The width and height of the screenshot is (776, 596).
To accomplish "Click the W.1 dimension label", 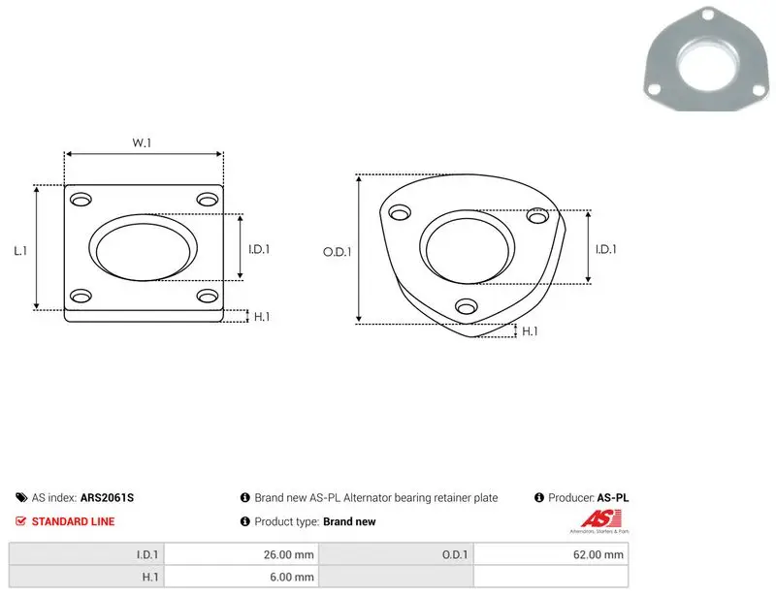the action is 142,142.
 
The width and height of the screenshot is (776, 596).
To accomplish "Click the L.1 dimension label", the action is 20,251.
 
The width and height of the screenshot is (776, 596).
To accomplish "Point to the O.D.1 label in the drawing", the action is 337,252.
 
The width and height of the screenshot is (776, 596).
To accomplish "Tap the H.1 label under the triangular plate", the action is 530,330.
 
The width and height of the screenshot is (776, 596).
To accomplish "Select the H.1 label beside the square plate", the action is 262,317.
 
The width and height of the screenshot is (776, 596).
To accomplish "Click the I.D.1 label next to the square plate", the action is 259,249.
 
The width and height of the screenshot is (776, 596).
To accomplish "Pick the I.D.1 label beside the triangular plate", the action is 605,249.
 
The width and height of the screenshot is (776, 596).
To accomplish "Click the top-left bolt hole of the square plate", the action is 81,200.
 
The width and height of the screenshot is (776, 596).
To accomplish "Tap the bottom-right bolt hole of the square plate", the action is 208,296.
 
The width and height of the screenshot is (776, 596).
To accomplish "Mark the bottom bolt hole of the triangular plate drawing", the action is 467,306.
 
